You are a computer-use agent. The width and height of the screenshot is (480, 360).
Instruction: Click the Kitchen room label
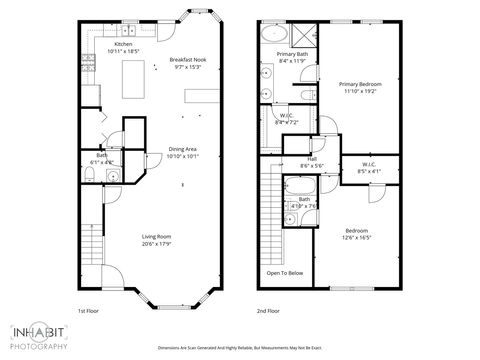click(x=123, y=45)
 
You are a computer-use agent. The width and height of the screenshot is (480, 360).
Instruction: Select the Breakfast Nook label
click(x=187, y=63)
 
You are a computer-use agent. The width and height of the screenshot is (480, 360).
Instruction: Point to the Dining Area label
click(x=182, y=152)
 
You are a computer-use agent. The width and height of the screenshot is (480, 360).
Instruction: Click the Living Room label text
click(x=158, y=240)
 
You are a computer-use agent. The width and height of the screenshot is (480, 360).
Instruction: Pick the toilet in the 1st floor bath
click(x=91, y=177)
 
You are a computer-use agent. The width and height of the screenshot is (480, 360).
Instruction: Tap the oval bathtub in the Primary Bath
click(x=273, y=35)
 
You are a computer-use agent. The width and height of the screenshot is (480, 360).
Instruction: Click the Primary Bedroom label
click(x=361, y=87)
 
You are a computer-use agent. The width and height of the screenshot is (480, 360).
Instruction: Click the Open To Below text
click(x=285, y=273)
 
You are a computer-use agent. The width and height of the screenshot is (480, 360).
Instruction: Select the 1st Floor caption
click(x=89, y=310)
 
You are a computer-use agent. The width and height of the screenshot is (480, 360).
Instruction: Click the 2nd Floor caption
click(x=268, y=310)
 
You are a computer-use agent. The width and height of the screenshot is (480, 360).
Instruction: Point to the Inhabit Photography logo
click(x=40, y=336)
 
